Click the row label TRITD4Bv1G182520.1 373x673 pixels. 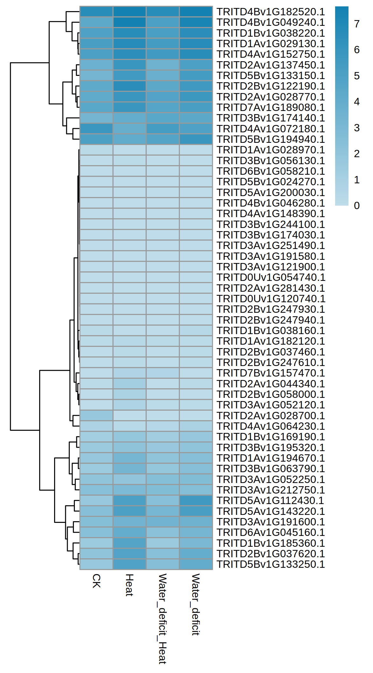pos(271,12)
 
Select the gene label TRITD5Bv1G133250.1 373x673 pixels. pos(271,564)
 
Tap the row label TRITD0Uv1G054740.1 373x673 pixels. pos(271,277)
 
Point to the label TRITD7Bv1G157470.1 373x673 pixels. pos(271,373)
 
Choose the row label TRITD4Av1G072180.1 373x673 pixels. pos(271,129)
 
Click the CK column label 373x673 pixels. pos(96,581)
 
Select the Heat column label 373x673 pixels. pos(129,585)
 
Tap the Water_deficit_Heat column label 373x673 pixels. pos(162,618)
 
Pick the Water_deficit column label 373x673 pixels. pos(195,604)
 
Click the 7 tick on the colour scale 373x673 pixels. pos(357,24)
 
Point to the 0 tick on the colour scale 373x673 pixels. pos(357,206)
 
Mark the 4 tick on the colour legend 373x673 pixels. pos(357,102)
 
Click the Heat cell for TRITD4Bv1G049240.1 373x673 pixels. pos(130,22)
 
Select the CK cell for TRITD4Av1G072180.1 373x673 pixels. pos(96,129)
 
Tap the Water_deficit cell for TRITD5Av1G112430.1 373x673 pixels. pos(196,501)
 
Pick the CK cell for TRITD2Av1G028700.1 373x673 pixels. pos(96,415)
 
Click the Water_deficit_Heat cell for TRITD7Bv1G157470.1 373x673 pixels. pos(163,373)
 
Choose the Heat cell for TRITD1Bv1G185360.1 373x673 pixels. pos(130,543)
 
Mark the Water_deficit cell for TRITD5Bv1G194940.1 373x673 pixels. pos(196,139)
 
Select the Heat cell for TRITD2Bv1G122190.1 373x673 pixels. pos(130,86)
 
